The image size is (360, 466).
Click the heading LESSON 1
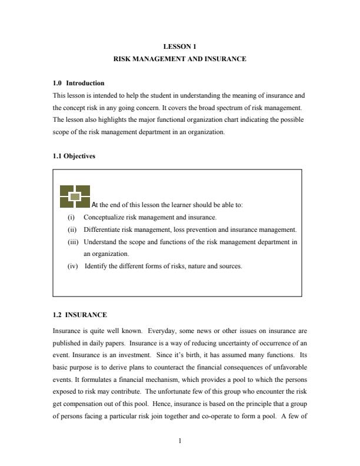click(x=179, y=45)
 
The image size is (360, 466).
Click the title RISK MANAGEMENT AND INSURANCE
click(x=179, y=59)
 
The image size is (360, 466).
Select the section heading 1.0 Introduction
click(x=78, y=83)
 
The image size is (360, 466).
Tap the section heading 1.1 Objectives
click(x=73, y=157)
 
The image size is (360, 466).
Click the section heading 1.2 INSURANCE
click(x=79, y=315)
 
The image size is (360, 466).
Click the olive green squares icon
click(x=75, y=197)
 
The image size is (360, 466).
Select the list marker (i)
click(x=72, y=217)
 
